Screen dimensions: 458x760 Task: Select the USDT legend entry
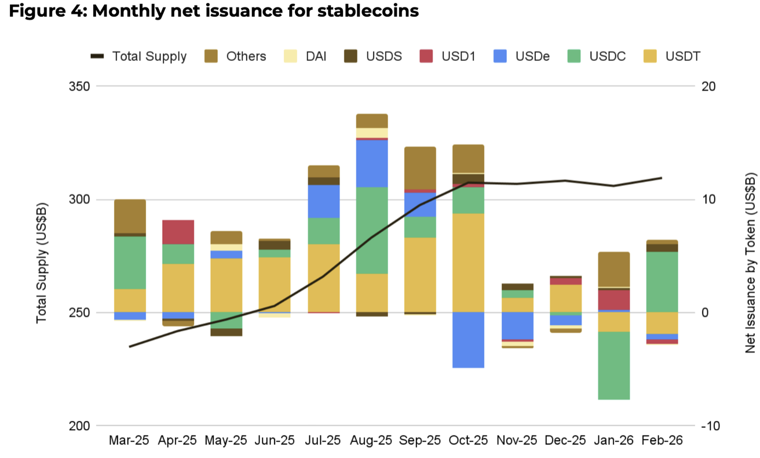tap(672, 56)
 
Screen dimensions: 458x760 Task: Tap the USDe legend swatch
tap(500, 56)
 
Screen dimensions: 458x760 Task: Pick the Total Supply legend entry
tap(139, 56)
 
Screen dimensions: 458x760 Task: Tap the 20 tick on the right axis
tap(709, 86)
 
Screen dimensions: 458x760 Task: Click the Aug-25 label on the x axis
tap(371, 441)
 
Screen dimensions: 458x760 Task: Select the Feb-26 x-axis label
tap(662, 441)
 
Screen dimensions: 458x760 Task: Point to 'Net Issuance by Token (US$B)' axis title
tap(751, 262)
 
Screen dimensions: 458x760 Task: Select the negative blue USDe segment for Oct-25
tap(469, 340)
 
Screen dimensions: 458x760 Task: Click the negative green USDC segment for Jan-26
tap(613, 365)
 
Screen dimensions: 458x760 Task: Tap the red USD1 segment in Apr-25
tap(178, 232)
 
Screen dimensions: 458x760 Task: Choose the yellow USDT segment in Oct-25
tap(469, 263)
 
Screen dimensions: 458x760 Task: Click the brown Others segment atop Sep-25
tap(421, 168)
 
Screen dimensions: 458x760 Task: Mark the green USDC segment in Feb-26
tap(662, 282)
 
